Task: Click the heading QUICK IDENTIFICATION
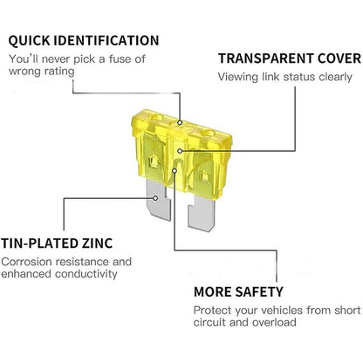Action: pos(84,41)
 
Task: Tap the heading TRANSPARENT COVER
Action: pos(290,58)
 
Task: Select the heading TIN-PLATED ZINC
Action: pos(57,243)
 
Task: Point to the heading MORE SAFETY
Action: pos(238,291)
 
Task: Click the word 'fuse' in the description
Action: pos(120,59)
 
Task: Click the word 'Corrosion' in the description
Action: pos(27,262)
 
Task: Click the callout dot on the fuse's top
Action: pos(180,123)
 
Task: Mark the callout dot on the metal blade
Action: pos(155,198)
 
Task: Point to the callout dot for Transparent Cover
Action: pos(180,151)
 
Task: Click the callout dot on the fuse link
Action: pos(175,171)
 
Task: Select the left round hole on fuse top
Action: pos(156,118)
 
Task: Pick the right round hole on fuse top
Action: pos(209,134)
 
